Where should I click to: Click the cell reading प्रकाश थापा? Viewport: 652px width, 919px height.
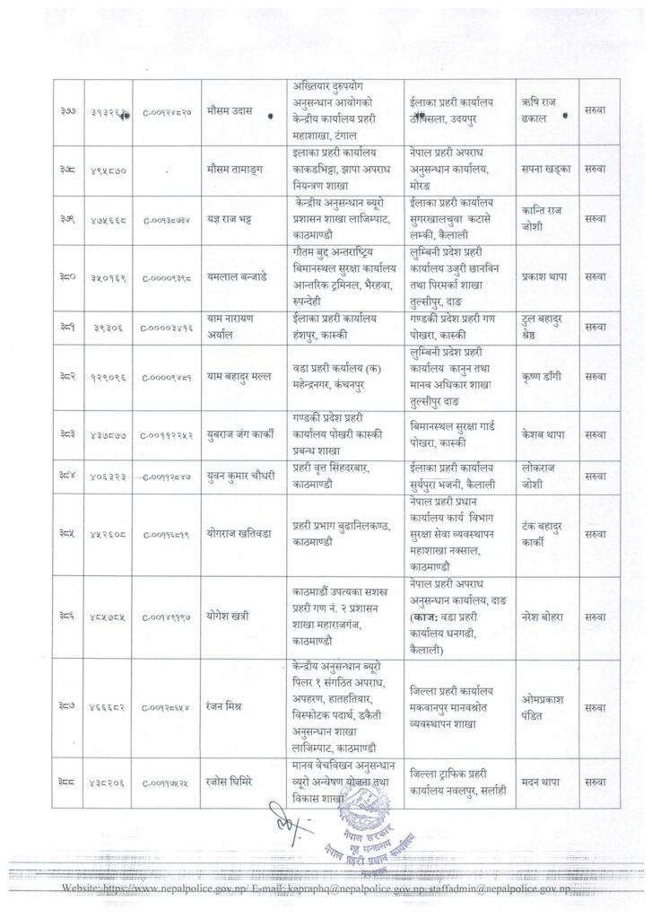tap(548, 278)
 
